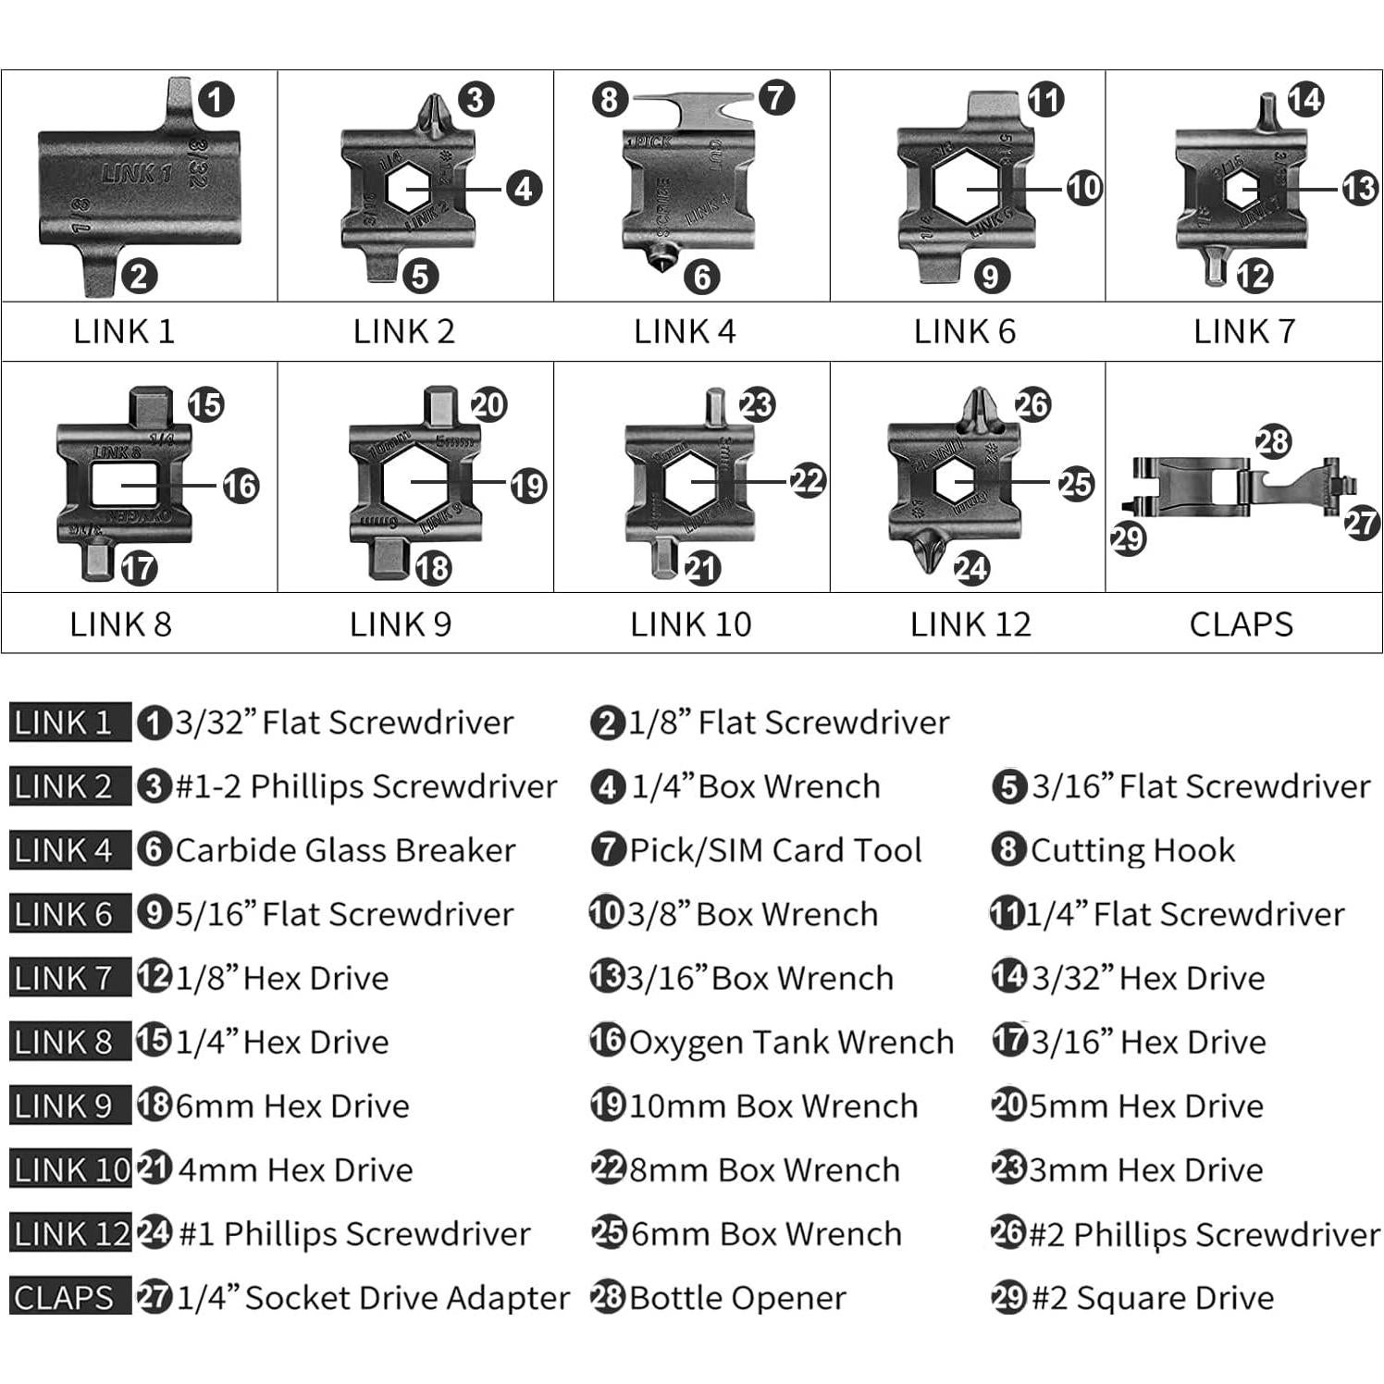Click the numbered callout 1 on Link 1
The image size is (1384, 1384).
pyautogui.click(x=216, y=99)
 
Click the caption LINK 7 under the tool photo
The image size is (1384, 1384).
pyautogui.click(x=1243, y=331)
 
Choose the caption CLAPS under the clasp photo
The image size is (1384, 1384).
pyautogui.click(x=1241, y=624)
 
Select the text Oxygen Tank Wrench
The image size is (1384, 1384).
pyautogui.click(x=791, y=1043)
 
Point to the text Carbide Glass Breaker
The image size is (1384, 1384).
pyautogui.click(x=345, y=851)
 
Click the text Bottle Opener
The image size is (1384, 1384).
pyautogui.click(x=737, y=1298)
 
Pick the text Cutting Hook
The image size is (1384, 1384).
pyautogui.click(x=1132, y=851)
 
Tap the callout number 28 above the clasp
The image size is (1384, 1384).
pyautogui.click(x=1273, y=441)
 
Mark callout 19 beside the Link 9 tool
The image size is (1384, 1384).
pyautogui.click(x=528, y=486)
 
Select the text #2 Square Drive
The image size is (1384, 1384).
pyautogui.click(x=1153, y=1298)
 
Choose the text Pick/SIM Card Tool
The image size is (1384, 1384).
pyautogui.click(x=775, y=851)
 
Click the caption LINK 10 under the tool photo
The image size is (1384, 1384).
pyautogui.click(x=690, y=624)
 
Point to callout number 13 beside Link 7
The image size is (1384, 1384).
pyautogui.click(x=1359, y=189)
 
